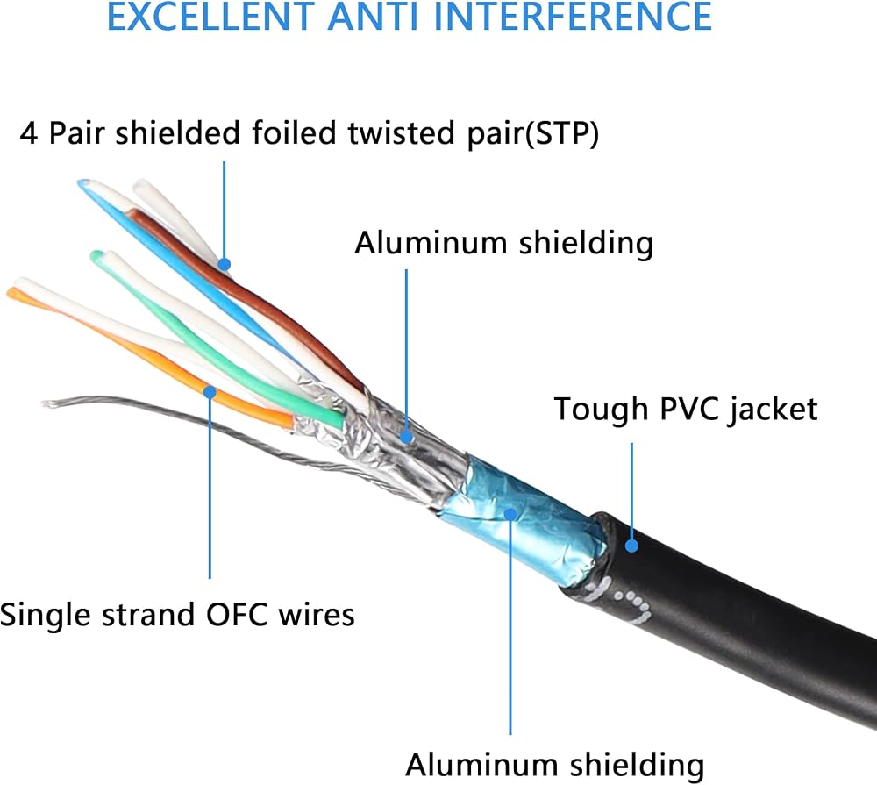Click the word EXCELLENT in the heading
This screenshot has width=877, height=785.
pos(210,16)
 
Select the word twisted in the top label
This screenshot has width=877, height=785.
pos(402,133)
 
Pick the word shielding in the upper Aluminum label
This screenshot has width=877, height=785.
pos(586,244)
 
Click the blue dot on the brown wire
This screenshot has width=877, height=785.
pos(225,264)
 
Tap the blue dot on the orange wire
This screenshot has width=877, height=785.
pos(210,392)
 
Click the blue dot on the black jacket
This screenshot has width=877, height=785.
pos(631,545)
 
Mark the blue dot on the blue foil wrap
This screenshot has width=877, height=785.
pos(510,514)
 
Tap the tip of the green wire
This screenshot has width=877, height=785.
pos(96,256)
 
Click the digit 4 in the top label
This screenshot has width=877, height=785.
pos(29,133)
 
